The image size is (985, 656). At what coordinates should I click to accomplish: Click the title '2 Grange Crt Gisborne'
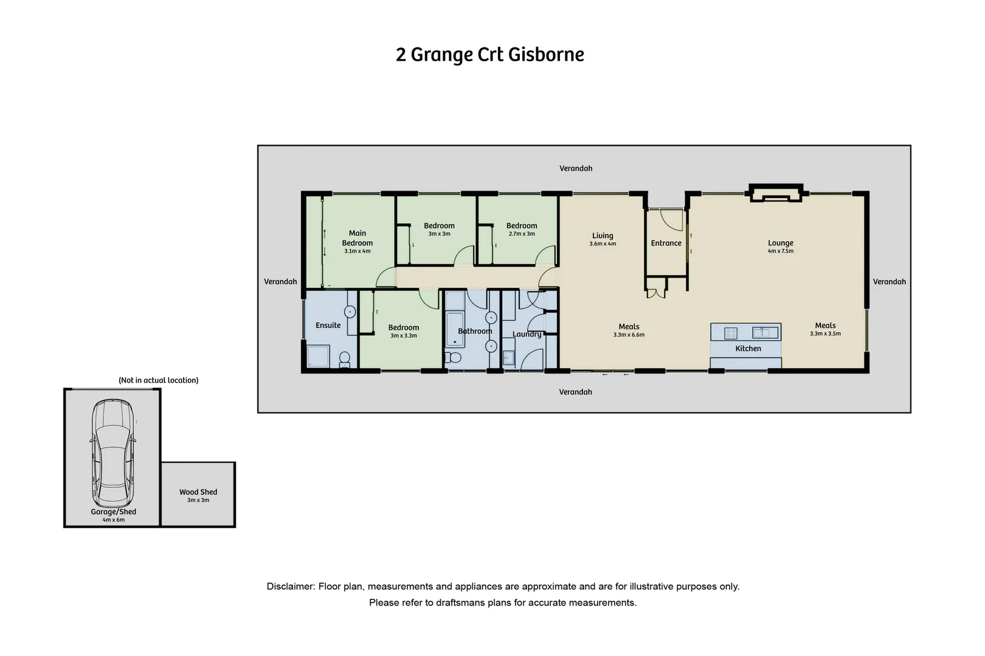click(x=489, y=55)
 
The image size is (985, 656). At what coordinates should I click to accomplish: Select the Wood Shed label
click(x=198, y=492)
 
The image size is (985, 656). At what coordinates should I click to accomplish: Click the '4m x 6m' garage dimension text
click(x=113, y=520)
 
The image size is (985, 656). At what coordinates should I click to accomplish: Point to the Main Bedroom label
click(x=358, y=238)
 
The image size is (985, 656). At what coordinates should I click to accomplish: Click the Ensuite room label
click(x=328, y=326)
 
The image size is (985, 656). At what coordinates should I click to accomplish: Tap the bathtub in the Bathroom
click(x=455, y=330)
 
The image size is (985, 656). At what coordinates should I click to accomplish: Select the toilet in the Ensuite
click(x=344, y=360)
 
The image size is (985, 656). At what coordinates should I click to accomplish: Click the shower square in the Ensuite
click(x=318, y=357)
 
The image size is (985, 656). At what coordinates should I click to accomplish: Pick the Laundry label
click(x=527, y=334)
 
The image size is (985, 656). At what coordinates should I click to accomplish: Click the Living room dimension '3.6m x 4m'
click(x=603, y=244)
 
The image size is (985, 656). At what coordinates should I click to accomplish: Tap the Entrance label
click(x=666, y=243)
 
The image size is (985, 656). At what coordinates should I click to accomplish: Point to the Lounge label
click(x=781, y=243)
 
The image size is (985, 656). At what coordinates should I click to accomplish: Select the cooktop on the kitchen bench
click(x=731, y=333)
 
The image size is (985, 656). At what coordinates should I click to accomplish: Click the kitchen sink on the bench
click(x=765, y=332)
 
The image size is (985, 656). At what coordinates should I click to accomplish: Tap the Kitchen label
click(x=748, y=349)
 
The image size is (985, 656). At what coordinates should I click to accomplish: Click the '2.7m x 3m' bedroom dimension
click(x=522, y=234)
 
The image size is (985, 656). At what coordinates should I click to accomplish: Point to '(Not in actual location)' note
click(x=159, y=380)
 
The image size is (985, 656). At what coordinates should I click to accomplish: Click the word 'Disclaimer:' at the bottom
click(x=291, y=587)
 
